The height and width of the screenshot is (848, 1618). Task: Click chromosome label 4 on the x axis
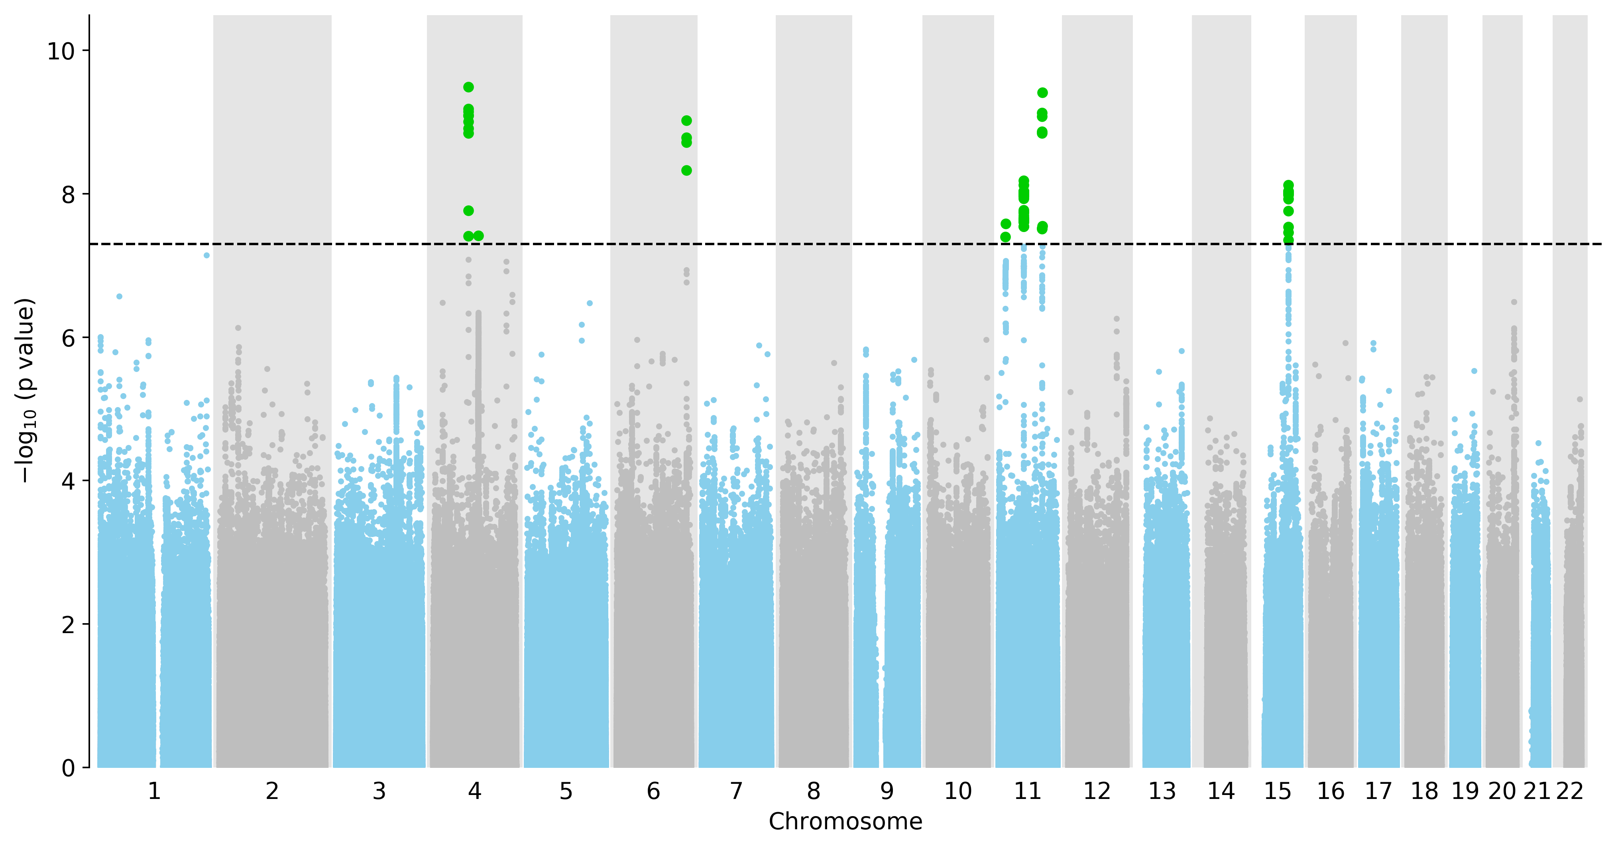click(x=474, y=791)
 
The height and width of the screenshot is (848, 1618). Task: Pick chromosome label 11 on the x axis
click(x=1028, y=791)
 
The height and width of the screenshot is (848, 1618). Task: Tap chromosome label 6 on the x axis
click(x=653, y=791)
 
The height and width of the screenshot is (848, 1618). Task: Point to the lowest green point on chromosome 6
click(x=686, y=170)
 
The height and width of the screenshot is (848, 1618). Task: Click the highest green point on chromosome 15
click(x=1288, y=185)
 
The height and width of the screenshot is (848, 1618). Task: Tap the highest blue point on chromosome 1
click(x=206, y=255)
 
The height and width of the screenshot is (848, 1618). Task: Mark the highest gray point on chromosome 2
click(x=238, y=328)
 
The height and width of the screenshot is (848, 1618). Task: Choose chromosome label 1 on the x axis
click(x=154, y=791)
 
